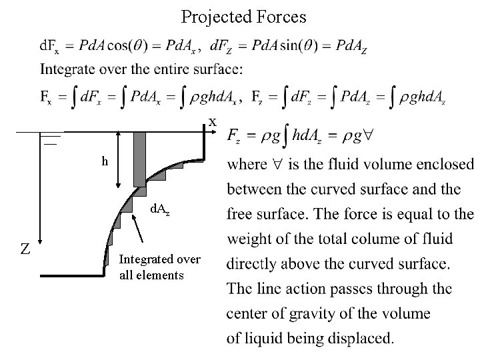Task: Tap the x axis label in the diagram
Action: tap(213, 122)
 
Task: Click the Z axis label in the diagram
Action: tap(24, 249)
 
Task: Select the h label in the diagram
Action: tap(105, 161)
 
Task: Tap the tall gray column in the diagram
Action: tap(139, 159)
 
